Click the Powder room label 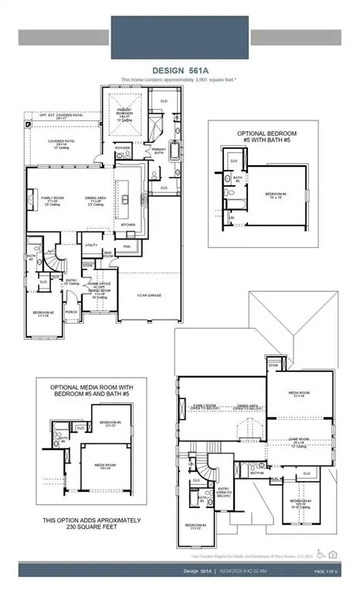point(122,147)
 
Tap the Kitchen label point(127,225)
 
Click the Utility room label point(91,245)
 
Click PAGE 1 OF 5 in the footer point(328,571)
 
